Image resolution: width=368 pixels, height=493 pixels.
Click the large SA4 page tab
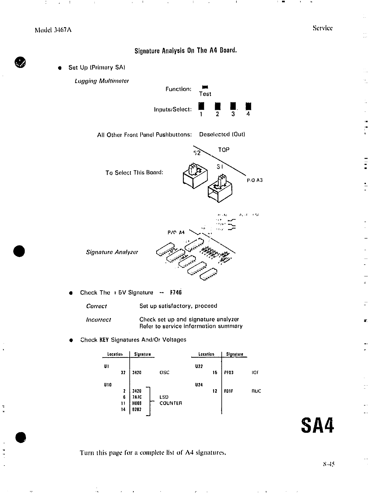(318, 425)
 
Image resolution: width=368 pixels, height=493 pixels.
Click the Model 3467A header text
(53, 30)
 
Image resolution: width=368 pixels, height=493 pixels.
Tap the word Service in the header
(322, 28)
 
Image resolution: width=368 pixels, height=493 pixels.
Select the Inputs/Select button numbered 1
(201, 107)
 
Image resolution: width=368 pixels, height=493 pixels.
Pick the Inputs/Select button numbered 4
(248, 107)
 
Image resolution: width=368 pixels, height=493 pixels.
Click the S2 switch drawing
(195, 177)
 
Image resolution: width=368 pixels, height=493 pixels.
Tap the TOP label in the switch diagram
(224, 150)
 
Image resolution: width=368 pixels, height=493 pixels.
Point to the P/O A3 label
(255, 180)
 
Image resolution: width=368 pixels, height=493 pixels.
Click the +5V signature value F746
(176, 292)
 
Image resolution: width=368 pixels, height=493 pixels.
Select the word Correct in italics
(96, 306)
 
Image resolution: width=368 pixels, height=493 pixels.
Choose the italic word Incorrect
(98, 320)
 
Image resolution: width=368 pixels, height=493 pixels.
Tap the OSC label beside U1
(164, 372)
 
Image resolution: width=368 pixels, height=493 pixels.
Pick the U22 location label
(199, 366)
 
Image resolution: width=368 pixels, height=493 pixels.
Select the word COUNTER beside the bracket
(171, 403)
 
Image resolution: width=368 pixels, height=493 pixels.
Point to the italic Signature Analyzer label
(112, 252)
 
